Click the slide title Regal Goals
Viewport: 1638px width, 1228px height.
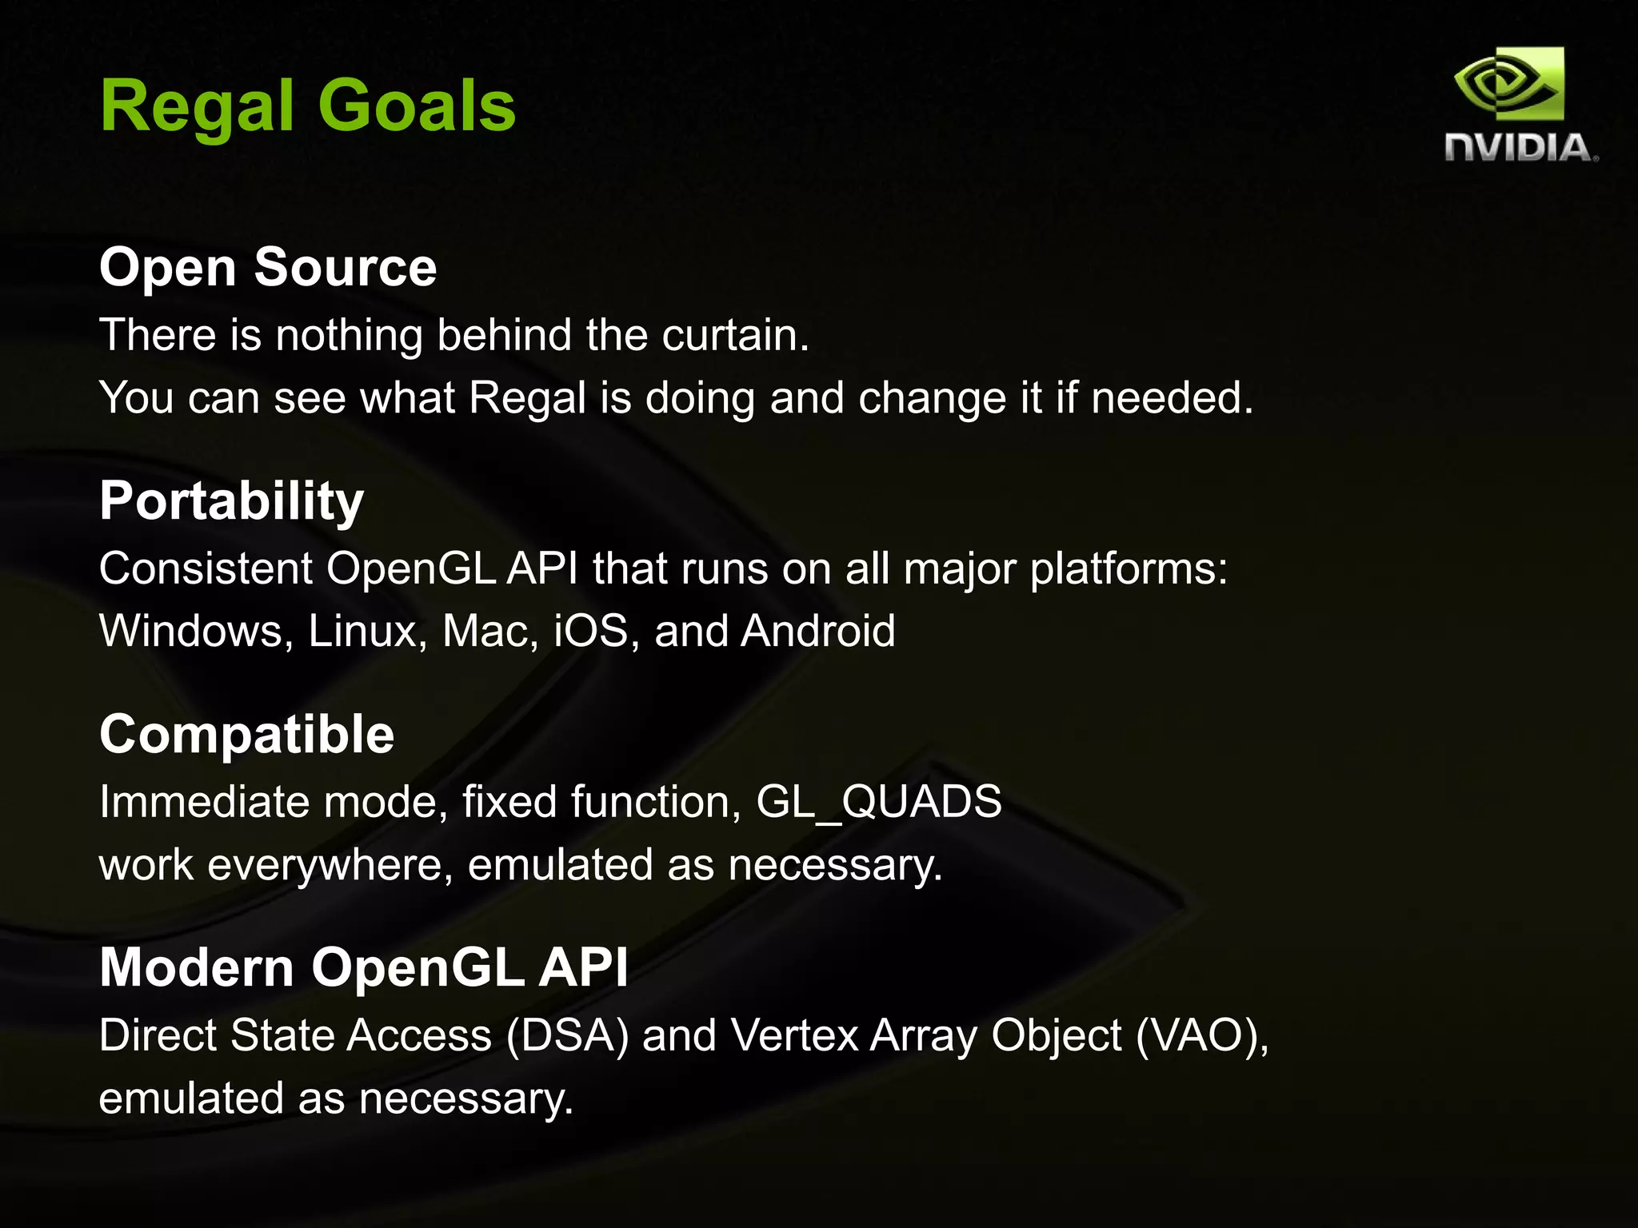point(308,106)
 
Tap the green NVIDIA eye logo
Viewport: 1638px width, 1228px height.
point(1509,85)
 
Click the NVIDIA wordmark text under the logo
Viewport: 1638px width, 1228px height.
point(1520,149)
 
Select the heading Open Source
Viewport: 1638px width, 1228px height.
point(268,267)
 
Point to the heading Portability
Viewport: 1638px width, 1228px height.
point(231,501)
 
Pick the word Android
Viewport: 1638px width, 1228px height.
point(817,631)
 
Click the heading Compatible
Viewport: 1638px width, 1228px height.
point(246,735)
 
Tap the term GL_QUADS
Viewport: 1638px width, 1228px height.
point(878,802)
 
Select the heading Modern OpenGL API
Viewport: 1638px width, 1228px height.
point(363,968)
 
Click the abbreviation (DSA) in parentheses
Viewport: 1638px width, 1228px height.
point(567,1035)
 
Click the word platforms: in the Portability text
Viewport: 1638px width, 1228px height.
point(1128,569)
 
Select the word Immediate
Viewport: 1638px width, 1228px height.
point(204,802)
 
